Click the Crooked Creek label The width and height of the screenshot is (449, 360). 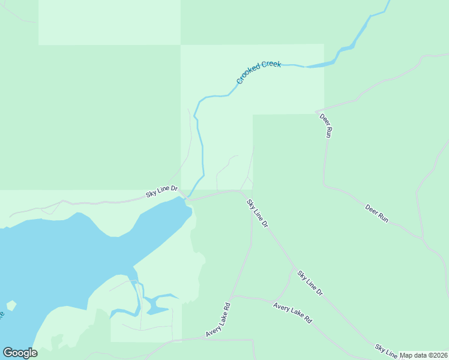click(x=259, y=71)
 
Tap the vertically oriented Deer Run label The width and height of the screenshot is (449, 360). click(x=325, y=125)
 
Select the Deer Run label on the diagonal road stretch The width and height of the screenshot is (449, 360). click(x=377, y=214)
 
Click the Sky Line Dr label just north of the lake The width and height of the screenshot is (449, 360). click(x=162, y=192)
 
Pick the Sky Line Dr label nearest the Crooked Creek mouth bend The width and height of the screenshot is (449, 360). click(x=257, y=213)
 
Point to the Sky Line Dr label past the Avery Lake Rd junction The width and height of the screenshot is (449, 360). click(x=310, y=283)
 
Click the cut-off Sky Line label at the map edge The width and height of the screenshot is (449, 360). click(x=386, y=352)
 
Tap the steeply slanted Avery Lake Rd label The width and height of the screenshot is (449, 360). click(x=218, y=319)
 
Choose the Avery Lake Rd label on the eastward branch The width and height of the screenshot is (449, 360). click(x=293, y=313)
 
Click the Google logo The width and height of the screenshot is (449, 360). click(x=20, y=353)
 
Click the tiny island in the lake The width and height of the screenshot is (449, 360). click(x=11, y=305)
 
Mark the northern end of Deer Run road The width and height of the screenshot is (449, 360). click(x=316, y=112)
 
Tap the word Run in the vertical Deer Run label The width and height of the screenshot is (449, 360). click(x=328, y=133)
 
